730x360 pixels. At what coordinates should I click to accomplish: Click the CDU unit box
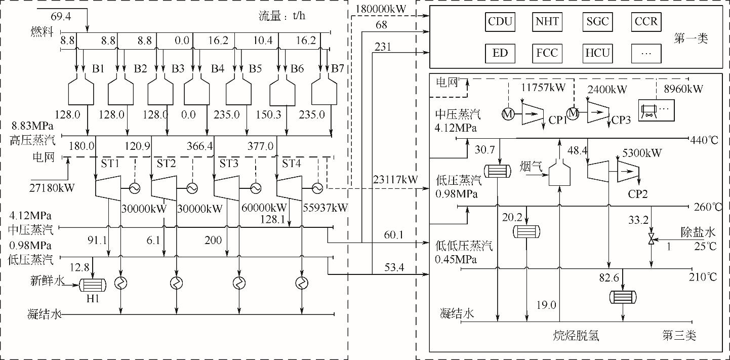[x=500, y=22]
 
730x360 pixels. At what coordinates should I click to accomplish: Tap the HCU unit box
[x=597, y=53]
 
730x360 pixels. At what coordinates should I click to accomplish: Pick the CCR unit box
[x=646, y=22]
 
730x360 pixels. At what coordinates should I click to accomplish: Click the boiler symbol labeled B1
[x=80, y=91]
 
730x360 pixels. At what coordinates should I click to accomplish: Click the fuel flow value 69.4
[x=61, y=17]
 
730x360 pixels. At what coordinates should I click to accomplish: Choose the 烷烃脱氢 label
[x=577, y=335]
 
